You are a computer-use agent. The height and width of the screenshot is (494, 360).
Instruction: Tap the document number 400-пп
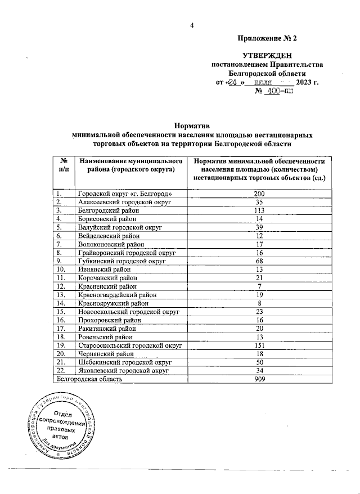[x=276, y=92]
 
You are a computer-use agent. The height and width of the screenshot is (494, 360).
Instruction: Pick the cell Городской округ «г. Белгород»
[x=124, y=194]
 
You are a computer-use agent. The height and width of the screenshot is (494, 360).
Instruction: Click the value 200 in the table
[x=259, y=194]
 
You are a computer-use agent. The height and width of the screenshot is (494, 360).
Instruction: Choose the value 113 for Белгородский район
[x=259, y=210]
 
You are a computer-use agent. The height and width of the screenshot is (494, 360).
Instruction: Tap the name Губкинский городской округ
[x=121, y=261]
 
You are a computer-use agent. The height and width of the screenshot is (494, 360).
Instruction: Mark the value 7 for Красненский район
[x=259, y=287]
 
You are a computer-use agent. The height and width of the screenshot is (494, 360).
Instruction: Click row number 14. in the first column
[x=61, y=302]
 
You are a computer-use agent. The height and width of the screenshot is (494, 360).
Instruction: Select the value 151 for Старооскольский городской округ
[x=259, y=345]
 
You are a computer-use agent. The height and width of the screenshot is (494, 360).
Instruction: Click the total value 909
[x=259, y=380]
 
